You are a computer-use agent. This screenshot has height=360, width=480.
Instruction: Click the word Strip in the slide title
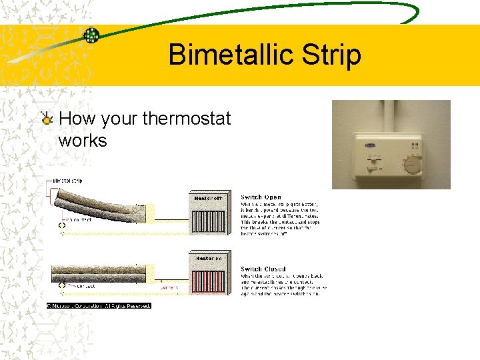tap(329, 55)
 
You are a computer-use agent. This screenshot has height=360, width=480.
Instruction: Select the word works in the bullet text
tap(83, 141)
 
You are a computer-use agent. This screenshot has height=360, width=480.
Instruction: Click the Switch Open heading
tap(261, 197)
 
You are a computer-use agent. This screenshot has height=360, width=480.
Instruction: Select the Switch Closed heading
tap(263, 269)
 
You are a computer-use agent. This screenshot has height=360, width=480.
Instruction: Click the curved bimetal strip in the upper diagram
tap(100, 201)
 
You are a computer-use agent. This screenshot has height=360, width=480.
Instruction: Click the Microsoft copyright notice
tap(99, 305)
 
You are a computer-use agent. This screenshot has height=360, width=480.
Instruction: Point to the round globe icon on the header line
tap(91, 35)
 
